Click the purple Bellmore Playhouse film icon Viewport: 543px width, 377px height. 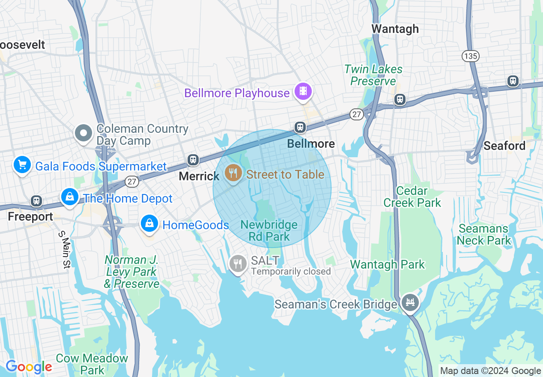[x=303, y=91]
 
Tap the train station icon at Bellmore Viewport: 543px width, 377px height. [x=300, y=127]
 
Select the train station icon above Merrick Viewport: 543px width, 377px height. [x=193, y=160]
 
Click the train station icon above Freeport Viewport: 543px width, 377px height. [x=36, y=200]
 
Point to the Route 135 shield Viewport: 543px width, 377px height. [x=470, y=56]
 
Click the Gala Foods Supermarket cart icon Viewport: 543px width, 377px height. [x=22, y=165]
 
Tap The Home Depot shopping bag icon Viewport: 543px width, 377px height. [x=69, y=197]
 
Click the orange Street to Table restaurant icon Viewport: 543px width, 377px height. [x=233, y=174]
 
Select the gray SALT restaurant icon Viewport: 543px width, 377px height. [x=238, y=263]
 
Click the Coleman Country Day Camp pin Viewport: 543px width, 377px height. [x=84, y=133]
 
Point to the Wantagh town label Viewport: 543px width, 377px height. [x=395, y=29]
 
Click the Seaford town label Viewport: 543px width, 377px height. [x=504, y=146]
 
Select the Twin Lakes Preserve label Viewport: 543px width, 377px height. [x=373, y=75]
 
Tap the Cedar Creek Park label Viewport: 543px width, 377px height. [x=412, y=197]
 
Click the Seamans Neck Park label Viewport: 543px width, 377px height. [x=483, y=234]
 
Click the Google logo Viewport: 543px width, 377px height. [x=29, y=367]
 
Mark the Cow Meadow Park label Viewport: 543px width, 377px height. [x=92, y=364]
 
